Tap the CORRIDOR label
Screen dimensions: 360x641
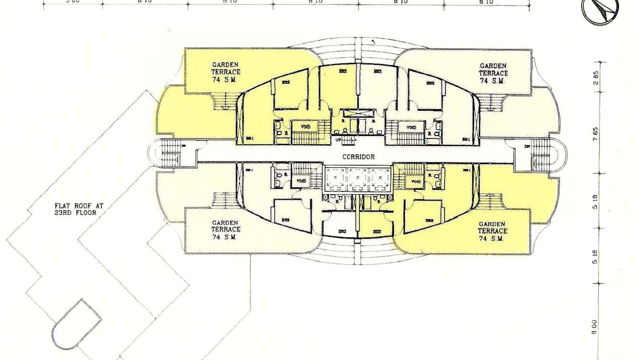click(x=358, y=157)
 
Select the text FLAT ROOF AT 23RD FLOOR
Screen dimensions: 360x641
click(x=79, y=209)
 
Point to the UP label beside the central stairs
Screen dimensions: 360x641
click(x=339, y=140)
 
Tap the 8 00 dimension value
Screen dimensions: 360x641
click(x=595, y=327)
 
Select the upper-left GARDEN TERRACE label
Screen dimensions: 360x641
click(x=226, y=72)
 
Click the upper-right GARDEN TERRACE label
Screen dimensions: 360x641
click(x=493, y=74)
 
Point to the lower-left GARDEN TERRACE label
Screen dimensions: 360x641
click(x=226, y=230)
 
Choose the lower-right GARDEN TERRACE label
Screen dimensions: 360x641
click(x=493, y=231)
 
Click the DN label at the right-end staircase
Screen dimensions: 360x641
click(x=528, y=147)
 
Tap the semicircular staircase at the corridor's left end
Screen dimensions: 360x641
click(x=165, y=153)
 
